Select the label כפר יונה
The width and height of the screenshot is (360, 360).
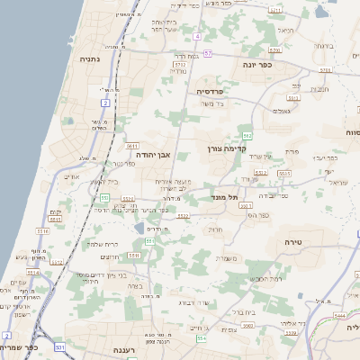coord(256,65)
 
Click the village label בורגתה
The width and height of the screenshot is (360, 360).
coord(324,46)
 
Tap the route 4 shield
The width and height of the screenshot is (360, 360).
coord(196,37)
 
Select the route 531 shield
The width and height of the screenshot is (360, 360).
coord(59,346)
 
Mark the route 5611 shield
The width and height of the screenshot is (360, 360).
coord(132,145)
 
